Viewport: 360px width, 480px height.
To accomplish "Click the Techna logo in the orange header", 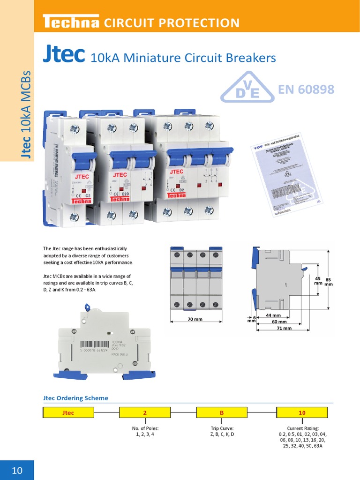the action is coord(70,22).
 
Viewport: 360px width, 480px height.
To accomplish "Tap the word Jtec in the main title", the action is coord(63,55).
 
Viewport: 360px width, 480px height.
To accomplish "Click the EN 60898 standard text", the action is coord(306,89).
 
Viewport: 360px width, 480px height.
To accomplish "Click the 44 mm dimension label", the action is coord(273,315).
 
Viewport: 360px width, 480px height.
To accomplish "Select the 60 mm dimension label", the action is coord(279,322).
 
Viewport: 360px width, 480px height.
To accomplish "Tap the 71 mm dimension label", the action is coord(284,329).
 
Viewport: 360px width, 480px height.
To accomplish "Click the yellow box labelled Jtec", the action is coord(68,412).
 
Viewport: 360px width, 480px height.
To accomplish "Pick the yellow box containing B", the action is coord(222,412).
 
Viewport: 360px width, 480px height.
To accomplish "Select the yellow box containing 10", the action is coord(302,412).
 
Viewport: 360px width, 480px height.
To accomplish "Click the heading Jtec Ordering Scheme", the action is coord(75,398).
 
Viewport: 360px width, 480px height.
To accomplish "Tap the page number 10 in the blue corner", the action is coord(17,470).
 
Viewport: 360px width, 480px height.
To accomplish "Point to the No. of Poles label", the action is coord(145,428).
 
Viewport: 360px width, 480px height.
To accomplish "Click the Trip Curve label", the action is coord(222,428).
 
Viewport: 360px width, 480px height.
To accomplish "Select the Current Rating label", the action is coord(302,428).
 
